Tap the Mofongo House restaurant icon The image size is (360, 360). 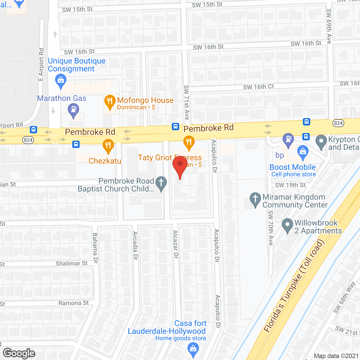110,102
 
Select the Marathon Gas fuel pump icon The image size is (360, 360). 73,110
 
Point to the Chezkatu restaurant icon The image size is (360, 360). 108,146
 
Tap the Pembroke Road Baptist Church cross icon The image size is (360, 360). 161,183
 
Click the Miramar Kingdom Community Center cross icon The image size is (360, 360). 255,199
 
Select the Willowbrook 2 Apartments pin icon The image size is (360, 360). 287,225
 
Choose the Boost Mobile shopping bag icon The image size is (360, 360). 303,152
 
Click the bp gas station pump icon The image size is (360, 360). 288,139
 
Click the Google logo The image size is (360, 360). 19,353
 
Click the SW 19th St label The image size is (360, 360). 290,185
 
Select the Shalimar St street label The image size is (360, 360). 71,264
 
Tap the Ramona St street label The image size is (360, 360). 73,303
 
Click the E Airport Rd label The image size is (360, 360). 41,64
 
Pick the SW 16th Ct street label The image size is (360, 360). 258,87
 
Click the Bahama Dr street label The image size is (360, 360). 95,248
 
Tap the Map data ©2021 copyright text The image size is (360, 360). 336,356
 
